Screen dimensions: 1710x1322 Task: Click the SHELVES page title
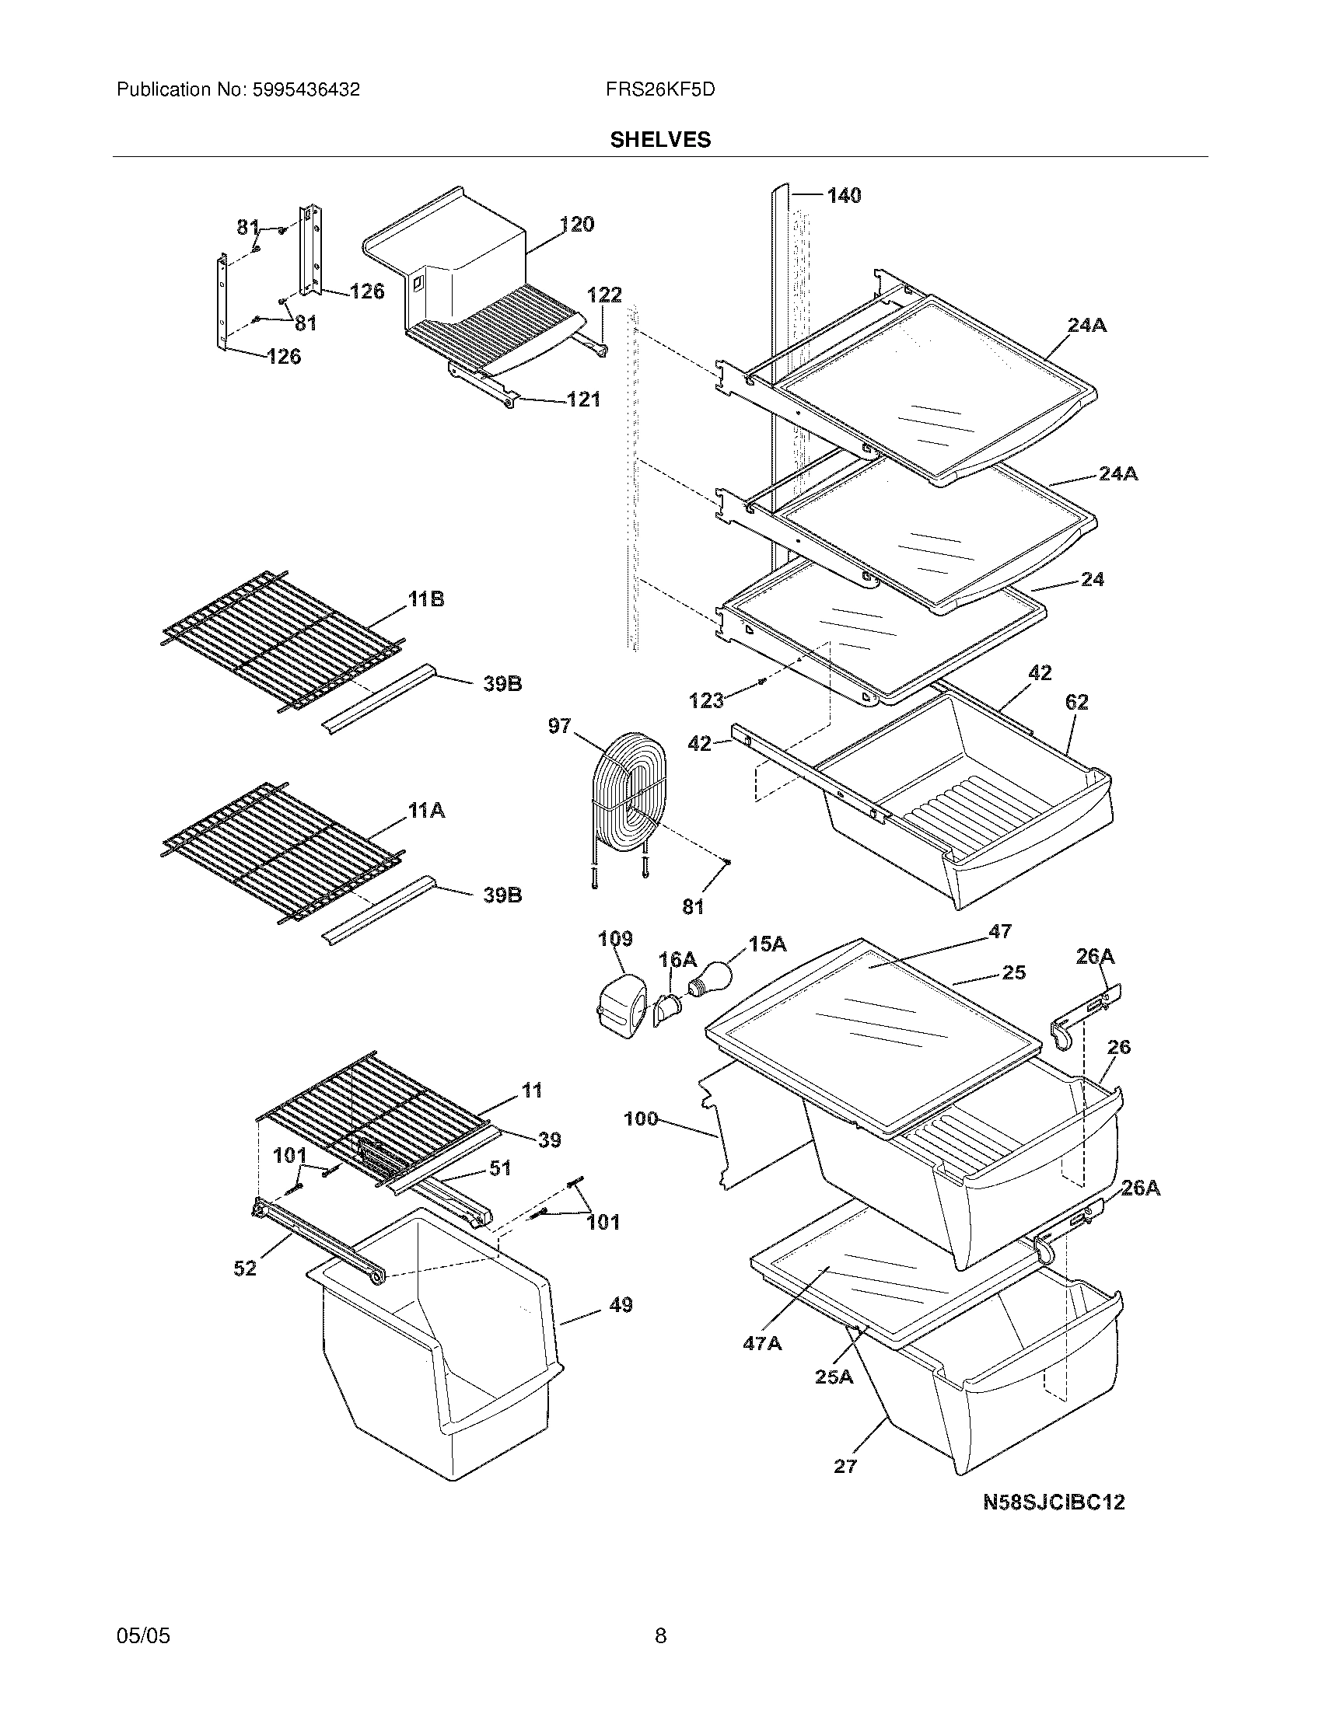click(x=660, y=139)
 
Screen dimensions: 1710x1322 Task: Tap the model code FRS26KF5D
click(x=659, y=90)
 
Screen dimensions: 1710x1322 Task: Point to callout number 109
click(x=615, y=938)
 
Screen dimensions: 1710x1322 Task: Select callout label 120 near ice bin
click(x=577, y=225)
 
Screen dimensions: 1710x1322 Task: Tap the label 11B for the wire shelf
click(x=426, y=600)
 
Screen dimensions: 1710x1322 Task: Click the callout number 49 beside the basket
click(x=621, y=1305)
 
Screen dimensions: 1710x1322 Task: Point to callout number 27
click(x=845, y=1466)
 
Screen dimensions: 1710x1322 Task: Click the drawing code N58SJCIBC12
click(x=1054, y=1502)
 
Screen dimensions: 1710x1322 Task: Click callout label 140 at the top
click(x=844, y=196)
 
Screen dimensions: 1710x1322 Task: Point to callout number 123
click(x=706, y=700)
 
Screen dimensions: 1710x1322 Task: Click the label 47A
click(x=762, y=1343)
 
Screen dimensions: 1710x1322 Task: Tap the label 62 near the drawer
click(x=1077, y=703)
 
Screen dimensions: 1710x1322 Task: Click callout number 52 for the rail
click(x=245, y=1269)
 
